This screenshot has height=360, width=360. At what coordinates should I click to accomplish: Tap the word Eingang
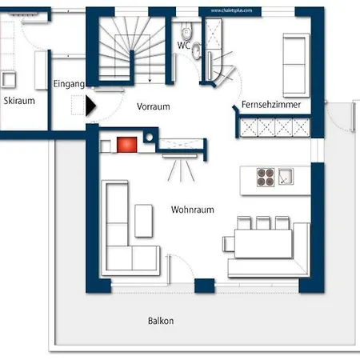point(69,83)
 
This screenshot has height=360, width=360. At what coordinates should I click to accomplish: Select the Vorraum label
point(153,106)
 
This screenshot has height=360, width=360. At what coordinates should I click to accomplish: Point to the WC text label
point(183,46)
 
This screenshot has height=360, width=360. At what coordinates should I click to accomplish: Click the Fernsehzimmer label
point(271,105)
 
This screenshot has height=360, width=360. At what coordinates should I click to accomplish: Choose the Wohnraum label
point(192,209)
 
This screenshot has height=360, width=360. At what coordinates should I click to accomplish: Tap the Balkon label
point(160,321)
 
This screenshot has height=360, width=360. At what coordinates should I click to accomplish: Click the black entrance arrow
point(90,104)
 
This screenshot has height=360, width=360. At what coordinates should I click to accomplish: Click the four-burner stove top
point(266,176)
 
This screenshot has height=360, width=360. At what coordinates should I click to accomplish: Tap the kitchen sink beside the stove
point(286,176)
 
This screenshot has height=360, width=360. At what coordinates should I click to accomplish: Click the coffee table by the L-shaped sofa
point(144,220)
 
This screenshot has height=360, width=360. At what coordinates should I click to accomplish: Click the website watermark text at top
point(232,10)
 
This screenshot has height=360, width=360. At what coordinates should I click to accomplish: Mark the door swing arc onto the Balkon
point(182,268)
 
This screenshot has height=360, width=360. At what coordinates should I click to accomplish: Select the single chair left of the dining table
point(229,242)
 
